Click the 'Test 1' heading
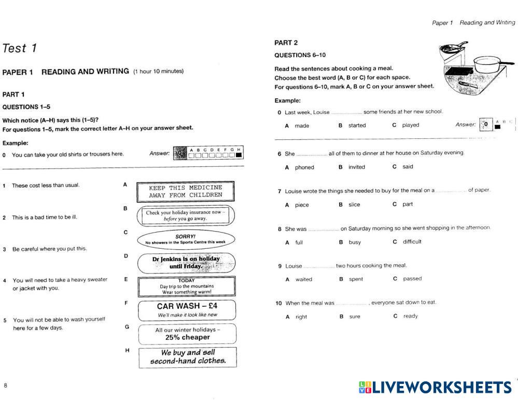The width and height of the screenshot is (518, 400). click(20, 49)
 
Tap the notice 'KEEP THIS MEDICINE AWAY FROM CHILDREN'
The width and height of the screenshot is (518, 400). click(186, 191)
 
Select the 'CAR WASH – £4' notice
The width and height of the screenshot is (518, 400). click(187, 309)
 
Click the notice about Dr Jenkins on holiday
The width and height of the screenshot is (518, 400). click(186, 263)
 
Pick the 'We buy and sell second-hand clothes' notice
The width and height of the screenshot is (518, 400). click(188, 357)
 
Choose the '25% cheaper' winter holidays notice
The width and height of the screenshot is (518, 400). click(187, 334)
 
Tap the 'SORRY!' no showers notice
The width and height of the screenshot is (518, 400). click(185, 239)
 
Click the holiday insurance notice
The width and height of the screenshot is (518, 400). click(185, 216)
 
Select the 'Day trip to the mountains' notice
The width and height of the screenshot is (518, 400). click(187, 286)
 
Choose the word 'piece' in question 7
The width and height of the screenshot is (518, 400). click(302, 205)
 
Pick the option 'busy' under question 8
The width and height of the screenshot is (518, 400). click(355, 242)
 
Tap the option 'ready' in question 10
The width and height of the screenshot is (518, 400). click(410, 316)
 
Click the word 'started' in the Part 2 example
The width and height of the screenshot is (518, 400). click(357, 125)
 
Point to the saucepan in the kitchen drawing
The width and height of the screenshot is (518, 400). click(489, 64)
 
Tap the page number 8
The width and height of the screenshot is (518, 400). click(6, 385)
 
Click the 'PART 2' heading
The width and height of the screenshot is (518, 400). click(286, 43)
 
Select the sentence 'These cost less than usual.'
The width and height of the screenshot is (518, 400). click(46, 185)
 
